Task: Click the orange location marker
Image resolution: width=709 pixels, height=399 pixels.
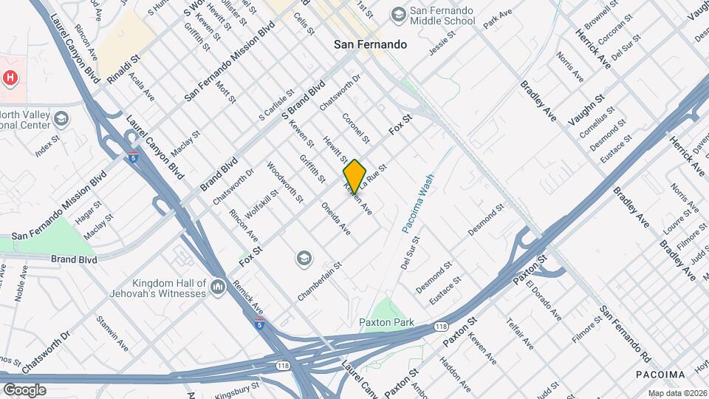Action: tap(355, 177)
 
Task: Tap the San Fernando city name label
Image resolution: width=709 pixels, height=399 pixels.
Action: tap(370, 44)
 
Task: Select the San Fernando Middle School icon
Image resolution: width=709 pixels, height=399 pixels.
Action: tap(399, 15)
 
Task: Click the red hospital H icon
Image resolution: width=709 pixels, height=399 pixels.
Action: tap(10, 77)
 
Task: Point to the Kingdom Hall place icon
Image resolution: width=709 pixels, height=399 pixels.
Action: tap(217, 286)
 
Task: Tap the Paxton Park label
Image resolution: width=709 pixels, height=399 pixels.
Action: tap(386, 322)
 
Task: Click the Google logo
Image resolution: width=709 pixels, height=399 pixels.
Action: tap(24, 389)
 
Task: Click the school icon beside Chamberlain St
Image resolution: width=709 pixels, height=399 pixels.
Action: tap(303, 258)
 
